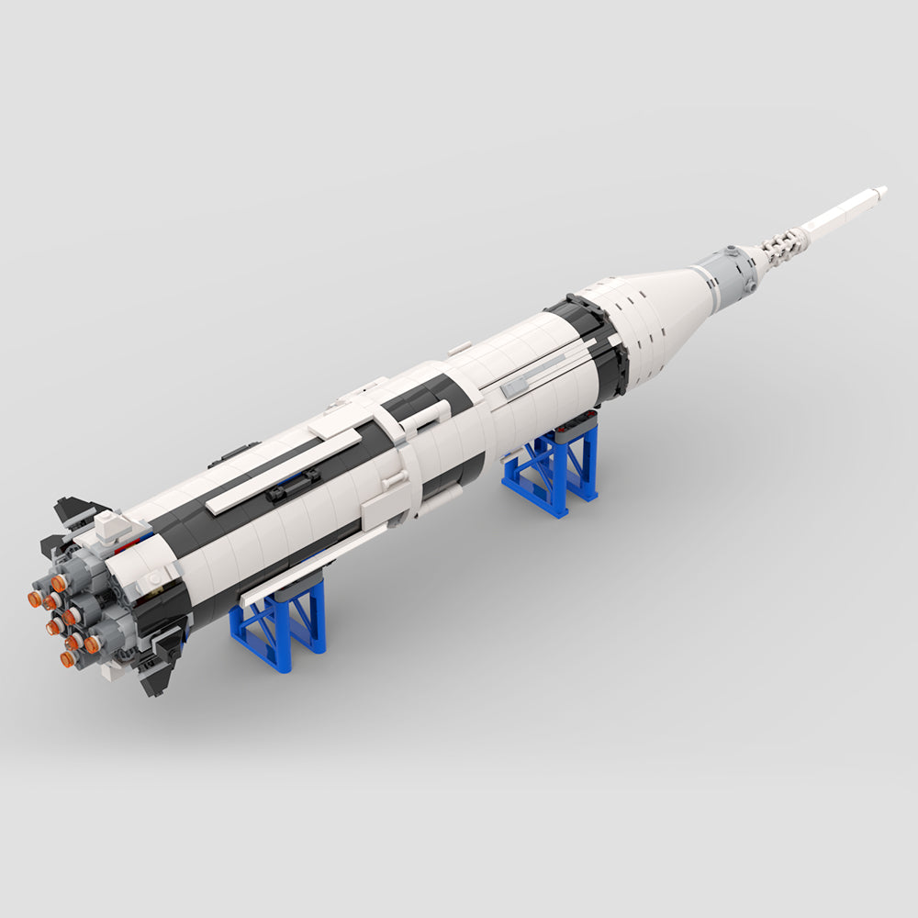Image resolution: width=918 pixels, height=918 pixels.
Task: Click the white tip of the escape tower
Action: click(879, 192)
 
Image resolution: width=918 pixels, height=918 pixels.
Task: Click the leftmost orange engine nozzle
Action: click(35, 599)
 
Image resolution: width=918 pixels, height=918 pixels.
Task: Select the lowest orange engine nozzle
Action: click(69, 658)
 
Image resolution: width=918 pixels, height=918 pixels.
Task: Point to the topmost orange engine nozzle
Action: click(59, 582)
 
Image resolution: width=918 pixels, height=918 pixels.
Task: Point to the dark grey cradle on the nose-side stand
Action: click(574, 423)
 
